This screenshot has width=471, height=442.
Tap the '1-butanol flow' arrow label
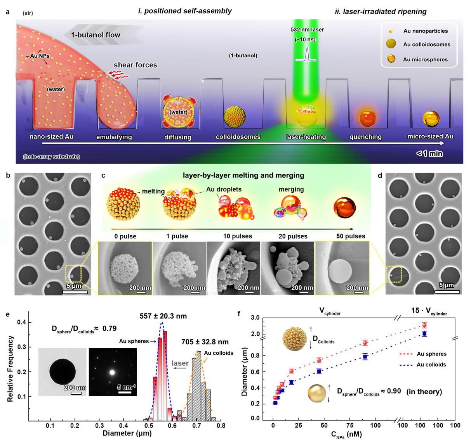[x=96, y=35]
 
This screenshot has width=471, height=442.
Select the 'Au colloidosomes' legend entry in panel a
[x=426, y=45]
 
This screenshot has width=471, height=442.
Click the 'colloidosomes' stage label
[x=237, y=137]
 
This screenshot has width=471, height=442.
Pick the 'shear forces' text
[x=135, y=65]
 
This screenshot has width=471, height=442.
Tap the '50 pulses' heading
[x=351, y=236]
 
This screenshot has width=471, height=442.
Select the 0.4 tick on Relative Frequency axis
[x=23, y=322]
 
